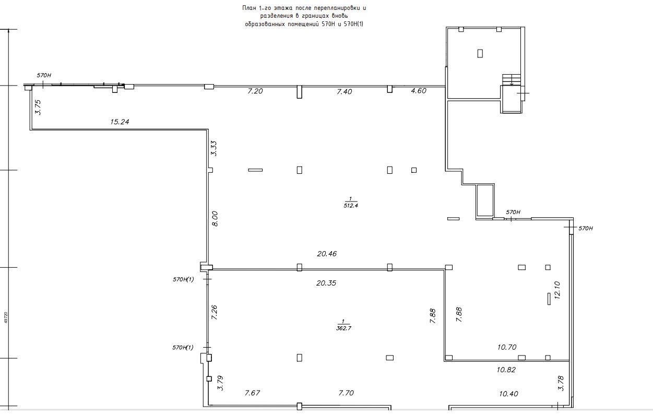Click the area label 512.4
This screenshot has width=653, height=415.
click(351, 206)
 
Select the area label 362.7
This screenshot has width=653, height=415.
click(343, 328)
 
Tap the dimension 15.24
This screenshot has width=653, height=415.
click(120, 122)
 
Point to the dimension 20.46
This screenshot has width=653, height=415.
click(327, 254)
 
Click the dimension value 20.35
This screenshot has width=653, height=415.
click(326, 283)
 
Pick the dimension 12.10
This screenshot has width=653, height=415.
click(557, 290)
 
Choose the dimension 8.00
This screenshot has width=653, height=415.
click(215, 219)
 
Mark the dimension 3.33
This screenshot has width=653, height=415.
click(214, 149)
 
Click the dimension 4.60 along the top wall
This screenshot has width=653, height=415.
click(419, 91)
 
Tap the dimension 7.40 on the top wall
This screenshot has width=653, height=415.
click(345, 91)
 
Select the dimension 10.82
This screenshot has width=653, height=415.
click(506, 370)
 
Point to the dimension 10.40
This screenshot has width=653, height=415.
click(508, 394)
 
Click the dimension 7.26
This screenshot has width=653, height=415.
click(214, 312)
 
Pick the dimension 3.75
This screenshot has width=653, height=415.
click(38, 107)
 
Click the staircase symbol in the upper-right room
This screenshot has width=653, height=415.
click(512, 79)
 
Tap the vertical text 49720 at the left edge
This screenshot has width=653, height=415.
click(6, 317)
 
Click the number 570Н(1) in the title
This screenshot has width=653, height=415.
click(353, 24)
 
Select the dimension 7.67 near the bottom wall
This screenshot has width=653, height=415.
click(253, 393)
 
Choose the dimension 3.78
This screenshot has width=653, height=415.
click(561, 384)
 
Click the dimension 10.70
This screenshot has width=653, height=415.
click(507, 347)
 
